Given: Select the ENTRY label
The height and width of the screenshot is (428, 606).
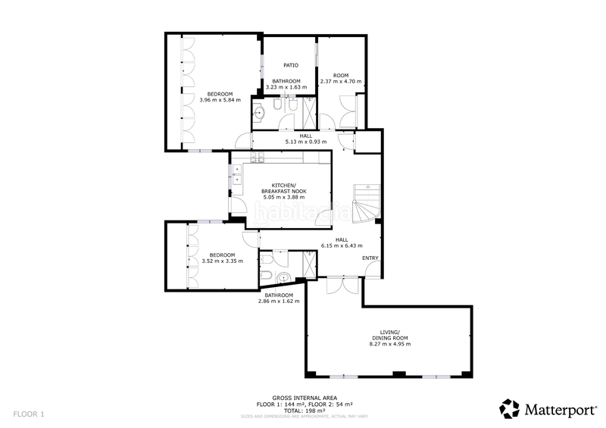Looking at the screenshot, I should [370, 259].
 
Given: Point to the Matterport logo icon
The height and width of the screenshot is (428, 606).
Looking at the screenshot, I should [510, 408].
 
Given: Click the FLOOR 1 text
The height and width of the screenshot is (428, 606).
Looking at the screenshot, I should [29, 414].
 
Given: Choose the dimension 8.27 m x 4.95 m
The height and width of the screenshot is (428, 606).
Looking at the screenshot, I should [389, 344].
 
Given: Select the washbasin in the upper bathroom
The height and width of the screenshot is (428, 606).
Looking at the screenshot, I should [260, 113].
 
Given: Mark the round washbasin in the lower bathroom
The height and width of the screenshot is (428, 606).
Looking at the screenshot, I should [283, 277].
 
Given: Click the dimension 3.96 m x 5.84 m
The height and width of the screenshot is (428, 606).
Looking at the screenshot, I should [220, 99].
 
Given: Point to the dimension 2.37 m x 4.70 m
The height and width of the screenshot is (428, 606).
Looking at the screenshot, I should [341, 81].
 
